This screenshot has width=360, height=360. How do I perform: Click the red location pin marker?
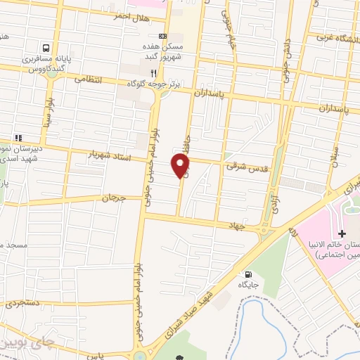[x=181, y=165]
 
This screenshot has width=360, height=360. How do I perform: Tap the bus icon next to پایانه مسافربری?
[x=46, y=48]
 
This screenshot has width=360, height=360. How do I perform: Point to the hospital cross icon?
[x=342, y=233]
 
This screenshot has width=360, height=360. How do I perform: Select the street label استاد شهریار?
[x=110, y=153]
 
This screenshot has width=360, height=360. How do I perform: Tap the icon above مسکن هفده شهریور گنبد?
[x=163, y=37]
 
